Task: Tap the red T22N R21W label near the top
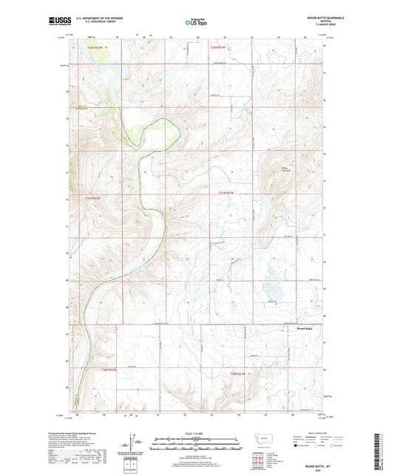click(x=218, y=48)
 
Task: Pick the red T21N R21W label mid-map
click(x=226, y=193)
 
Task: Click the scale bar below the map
click(x=197, y=444)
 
